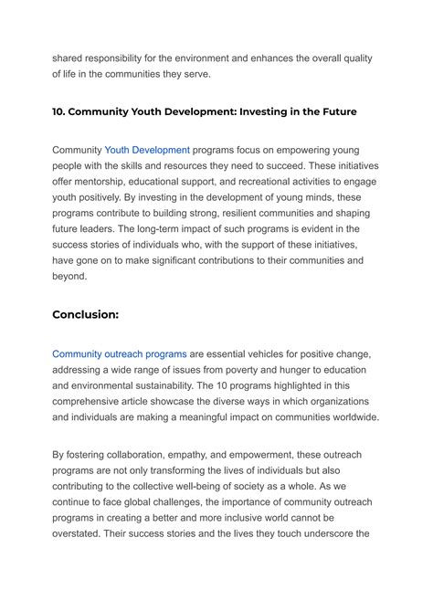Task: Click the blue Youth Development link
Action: tap(147, 150)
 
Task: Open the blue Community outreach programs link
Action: tap(119, 353)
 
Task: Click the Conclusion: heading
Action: tap(85, 314)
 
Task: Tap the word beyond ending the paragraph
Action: tap(69, 276)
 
